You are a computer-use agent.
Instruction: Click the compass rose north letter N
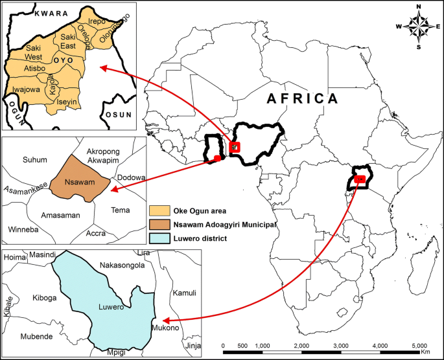[x=419, y=7]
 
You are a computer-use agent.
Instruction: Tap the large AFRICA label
[x=303, y=98]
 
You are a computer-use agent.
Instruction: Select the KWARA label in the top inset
[x=34, y=13]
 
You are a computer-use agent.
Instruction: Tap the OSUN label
[x=116, y=115]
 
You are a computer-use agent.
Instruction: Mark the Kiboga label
[x=45, y=298]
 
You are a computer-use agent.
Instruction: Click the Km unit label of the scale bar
[x=425, y=354]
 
